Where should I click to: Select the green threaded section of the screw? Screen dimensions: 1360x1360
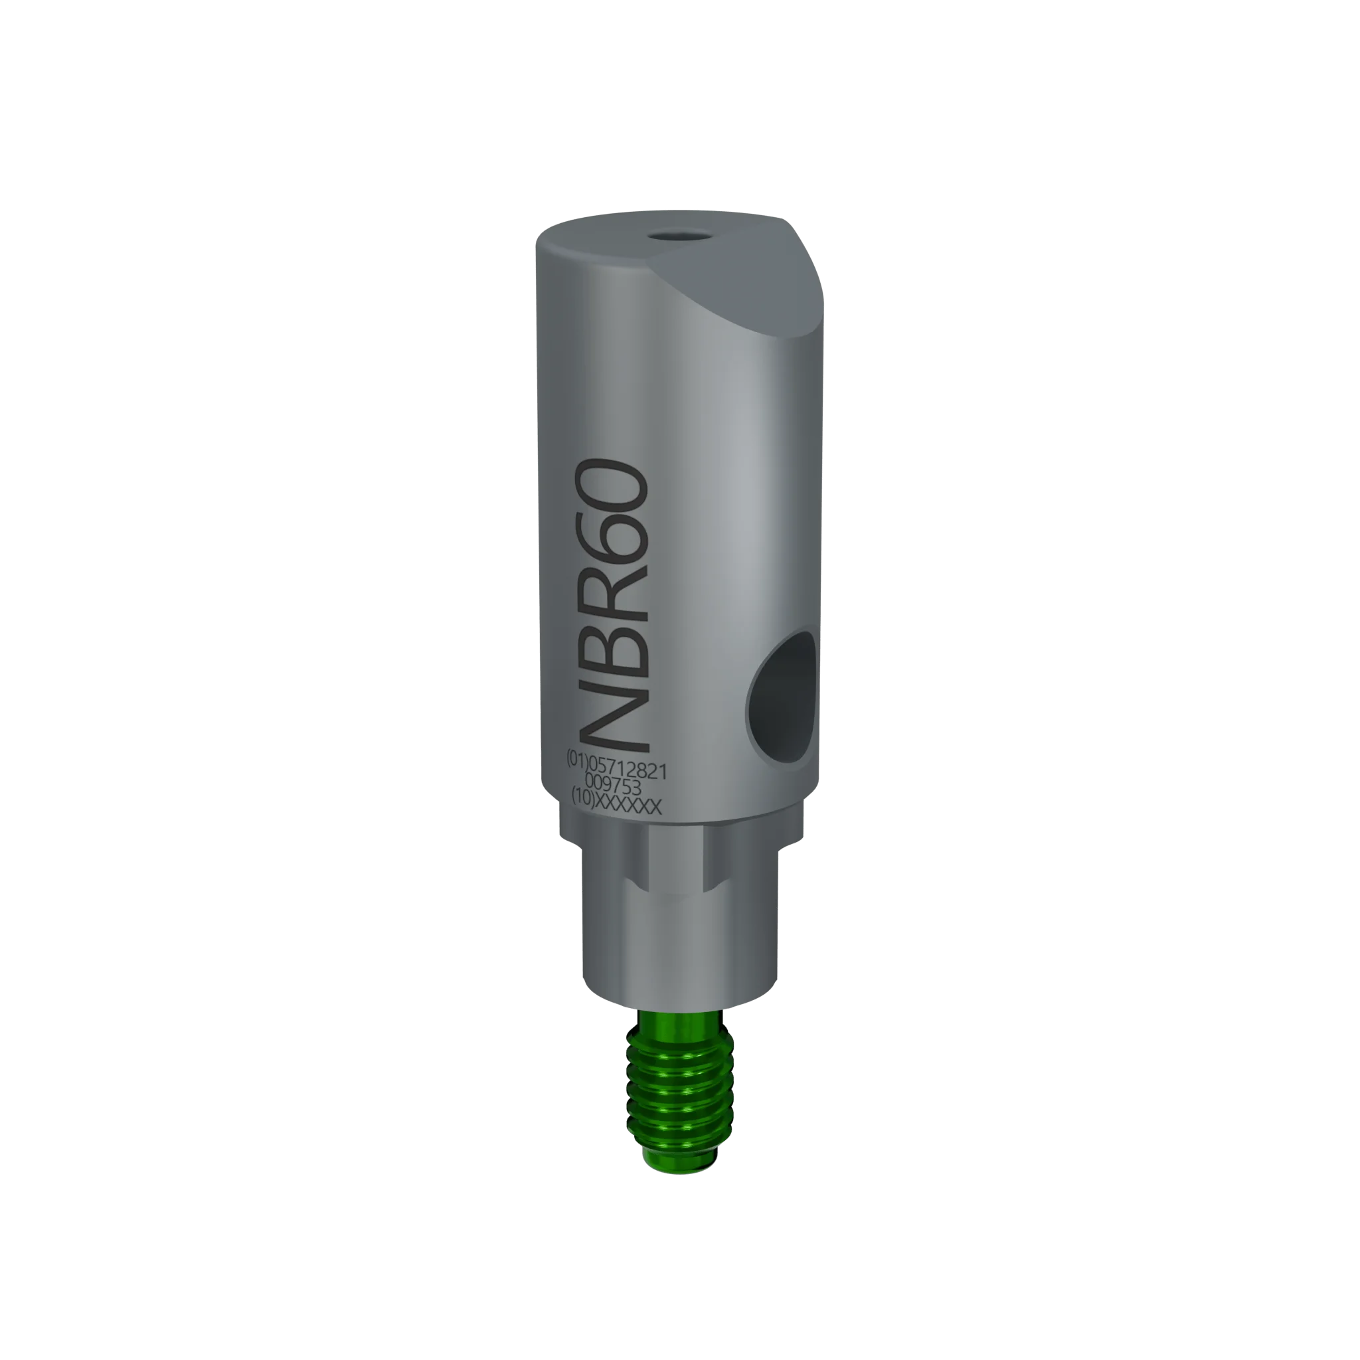[x=679, y=1105]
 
